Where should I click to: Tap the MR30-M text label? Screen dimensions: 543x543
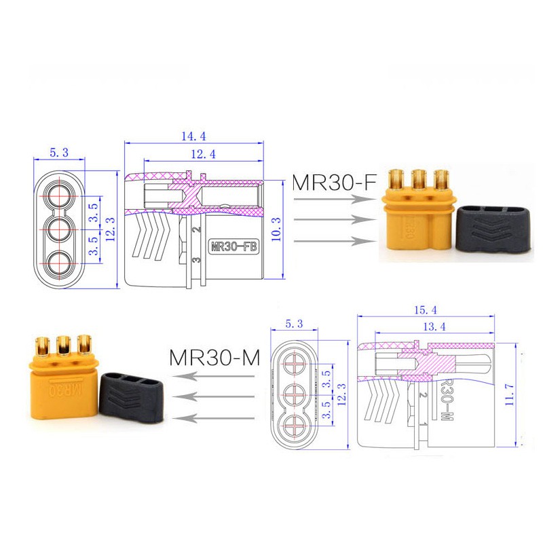[215, 358]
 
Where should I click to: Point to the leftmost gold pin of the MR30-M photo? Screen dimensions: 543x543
[41, 345]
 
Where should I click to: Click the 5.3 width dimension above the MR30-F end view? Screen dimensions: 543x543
[59, 153]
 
